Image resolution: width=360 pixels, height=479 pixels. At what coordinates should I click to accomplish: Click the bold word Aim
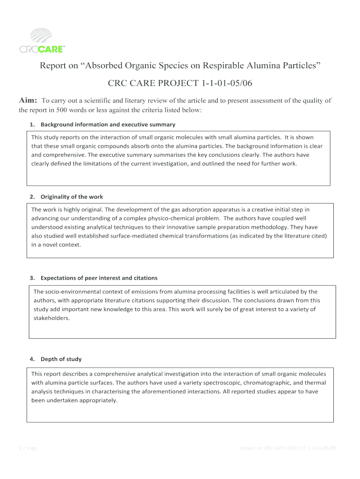tap(28, 101)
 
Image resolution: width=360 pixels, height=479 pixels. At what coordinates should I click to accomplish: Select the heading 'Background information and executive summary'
tap(108, 124)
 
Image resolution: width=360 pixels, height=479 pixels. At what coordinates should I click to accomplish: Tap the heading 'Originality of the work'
tap(72, 197)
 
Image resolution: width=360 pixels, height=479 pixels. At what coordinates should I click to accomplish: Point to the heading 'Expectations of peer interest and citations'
tap(99, 278)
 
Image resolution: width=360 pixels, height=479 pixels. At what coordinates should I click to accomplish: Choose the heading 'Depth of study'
tap(61, 359)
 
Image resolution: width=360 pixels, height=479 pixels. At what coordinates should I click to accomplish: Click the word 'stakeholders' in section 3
tap(51, 318)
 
